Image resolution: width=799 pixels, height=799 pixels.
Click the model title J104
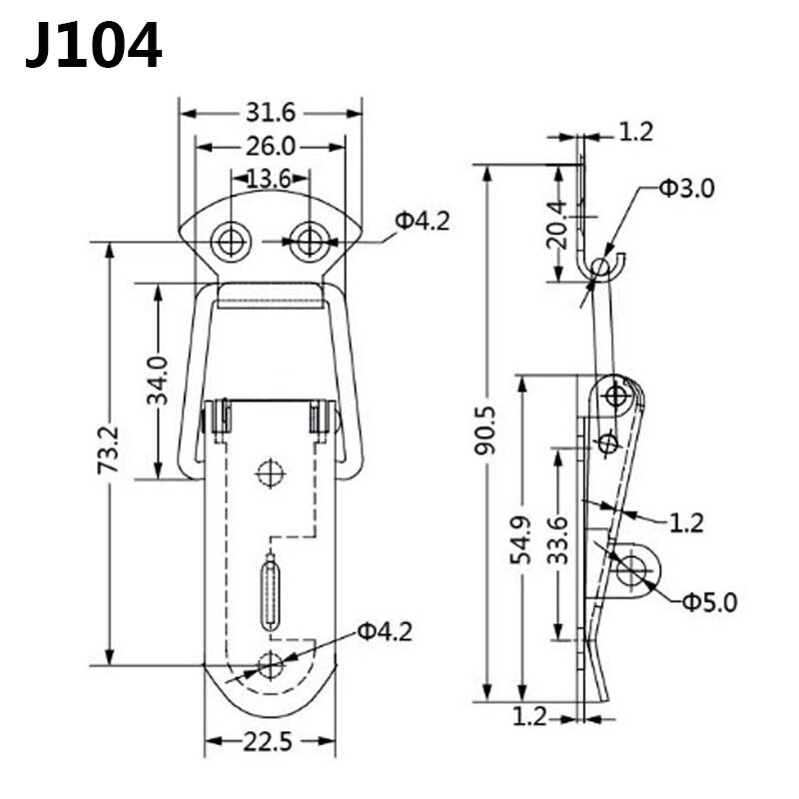pos(93,45)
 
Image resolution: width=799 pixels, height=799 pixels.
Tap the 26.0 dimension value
pos(270,146)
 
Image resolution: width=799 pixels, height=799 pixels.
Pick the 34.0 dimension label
pos(158,380)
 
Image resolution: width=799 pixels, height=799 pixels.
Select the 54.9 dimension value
pos(521,540)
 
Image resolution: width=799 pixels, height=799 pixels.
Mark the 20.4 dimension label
pos(557,224)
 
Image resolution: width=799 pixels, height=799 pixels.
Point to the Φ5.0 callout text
pos(709,601)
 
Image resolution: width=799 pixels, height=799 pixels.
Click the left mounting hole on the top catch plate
pos(232,241)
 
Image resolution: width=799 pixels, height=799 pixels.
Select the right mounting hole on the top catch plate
pos(311,241)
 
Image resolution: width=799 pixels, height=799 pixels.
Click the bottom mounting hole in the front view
pos(270,664)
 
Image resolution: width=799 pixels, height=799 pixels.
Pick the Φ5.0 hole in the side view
pos(631,570)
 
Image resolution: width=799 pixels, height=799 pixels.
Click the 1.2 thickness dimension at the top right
pos(635,131)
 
